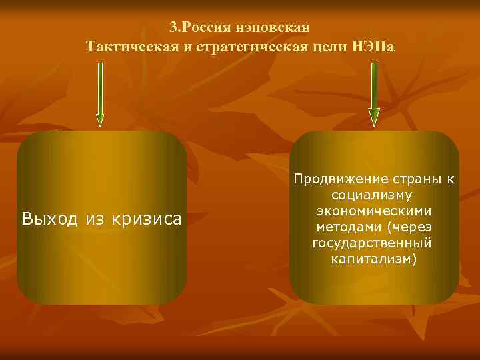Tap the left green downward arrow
pyautogui.click(x=100, y=94)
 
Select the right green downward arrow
pyautogui.click(x=374, y=94)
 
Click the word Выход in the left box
pyautogui.click(x=49, y=218)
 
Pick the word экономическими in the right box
pyautogui.click(x=374, y=211)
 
